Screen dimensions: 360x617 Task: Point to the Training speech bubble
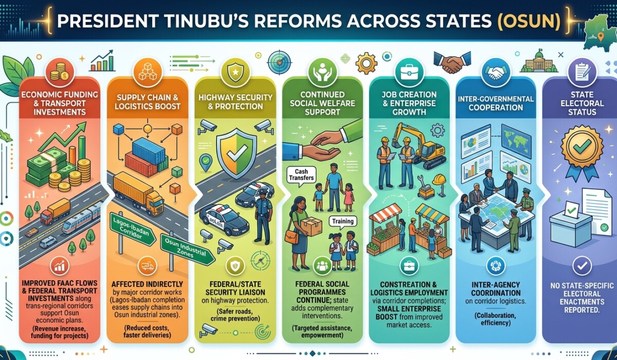pyautogui.click(x=342, y=222)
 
